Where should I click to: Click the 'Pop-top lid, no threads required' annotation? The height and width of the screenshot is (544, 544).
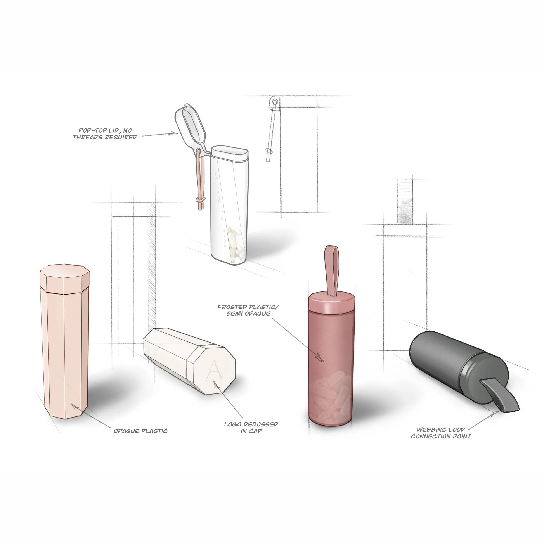[x=105, y=134]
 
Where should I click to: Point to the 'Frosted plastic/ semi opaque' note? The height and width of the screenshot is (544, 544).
[x=248, y=310]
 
